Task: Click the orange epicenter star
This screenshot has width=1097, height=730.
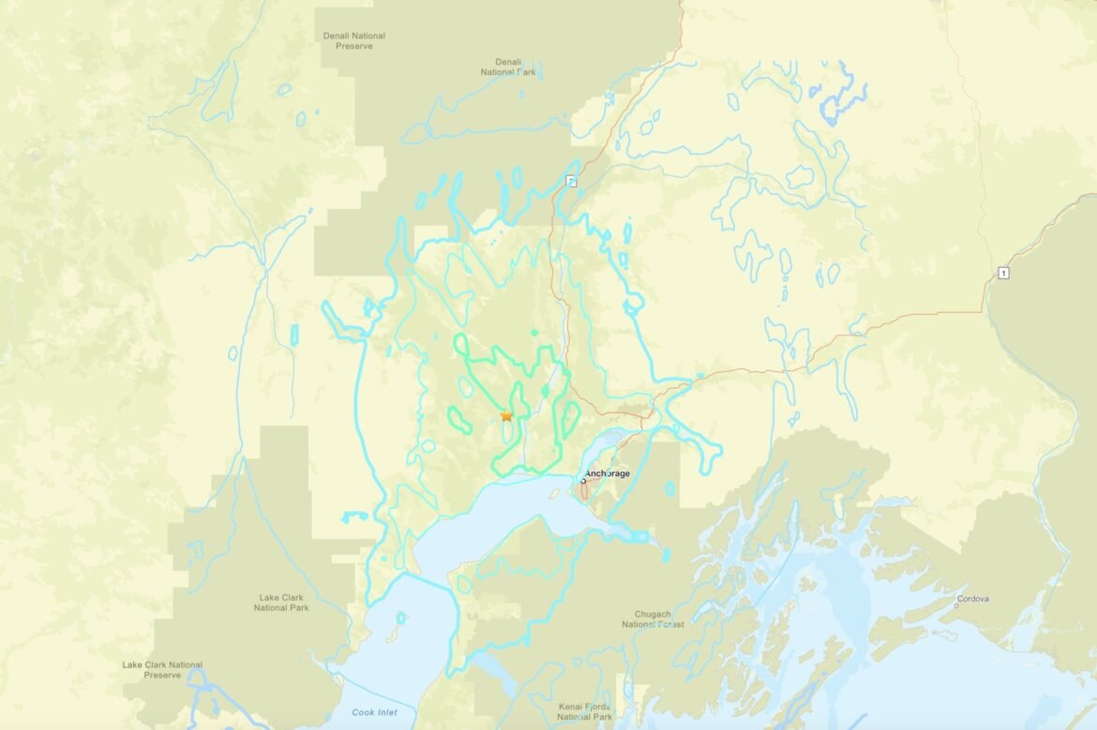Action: coord(506,415)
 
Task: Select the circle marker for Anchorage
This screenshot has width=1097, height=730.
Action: coord(583,479)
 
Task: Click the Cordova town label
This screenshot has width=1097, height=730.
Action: coord(972,599)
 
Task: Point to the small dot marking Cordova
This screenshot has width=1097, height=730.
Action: coord(955,605)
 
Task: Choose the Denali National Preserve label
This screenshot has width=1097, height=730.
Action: coord(354,40)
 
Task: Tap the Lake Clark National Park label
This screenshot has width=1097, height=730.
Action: coord(281,602)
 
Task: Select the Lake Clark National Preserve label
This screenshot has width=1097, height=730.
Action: coord(162,669)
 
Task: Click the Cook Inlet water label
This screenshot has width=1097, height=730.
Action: coord(374,713)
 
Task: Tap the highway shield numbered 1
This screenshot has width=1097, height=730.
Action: coord(1003,273)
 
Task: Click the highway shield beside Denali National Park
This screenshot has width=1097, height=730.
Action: coord(571,181)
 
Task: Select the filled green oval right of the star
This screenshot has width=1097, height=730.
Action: coord(545,390)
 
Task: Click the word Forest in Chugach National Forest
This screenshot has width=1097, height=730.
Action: coord(669,624)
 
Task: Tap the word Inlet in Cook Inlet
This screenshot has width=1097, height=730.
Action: coord(385,713)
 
